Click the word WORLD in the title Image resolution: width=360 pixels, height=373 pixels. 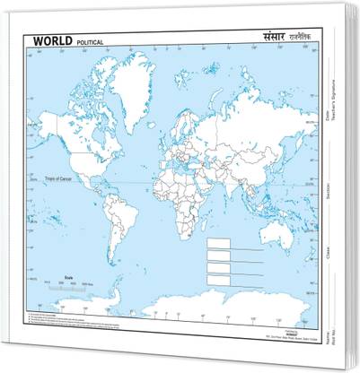(55, 41)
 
